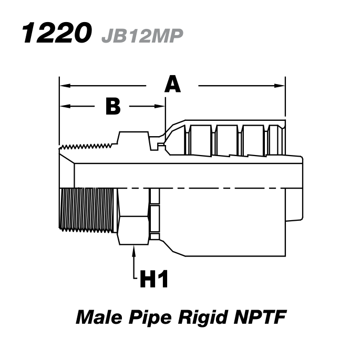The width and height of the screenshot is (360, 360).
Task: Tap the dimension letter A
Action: coord(172,84)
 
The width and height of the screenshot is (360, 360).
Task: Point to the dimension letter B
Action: coord(112,106)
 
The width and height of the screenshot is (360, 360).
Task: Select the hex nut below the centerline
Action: coord(133,216)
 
